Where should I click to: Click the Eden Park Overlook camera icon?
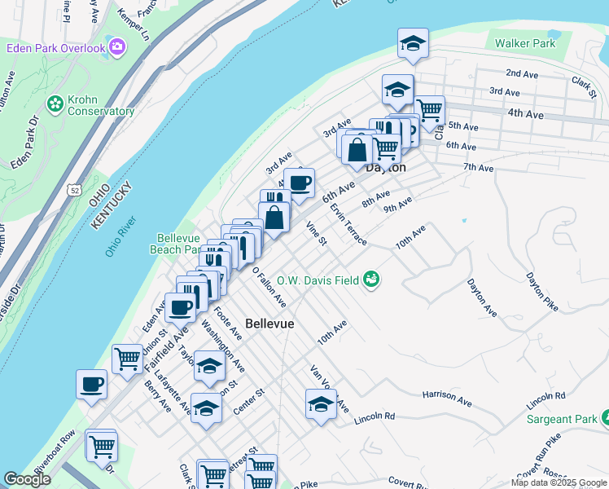tap(117, 47)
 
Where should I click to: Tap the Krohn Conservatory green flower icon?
tap(55, 104)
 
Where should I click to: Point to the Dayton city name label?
tap(385, 167)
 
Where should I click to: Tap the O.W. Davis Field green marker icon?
tap(372, 280)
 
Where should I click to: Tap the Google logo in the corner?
tap(27, 479)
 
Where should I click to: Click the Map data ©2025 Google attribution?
tap(558, 482)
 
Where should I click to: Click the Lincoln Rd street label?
tap(375, 419)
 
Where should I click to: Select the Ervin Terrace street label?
tap(348, 223)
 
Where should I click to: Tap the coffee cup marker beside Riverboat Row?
tap(91, 384)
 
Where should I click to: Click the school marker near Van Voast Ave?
tap(321, 404)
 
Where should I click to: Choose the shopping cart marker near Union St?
tap(127, 358)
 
